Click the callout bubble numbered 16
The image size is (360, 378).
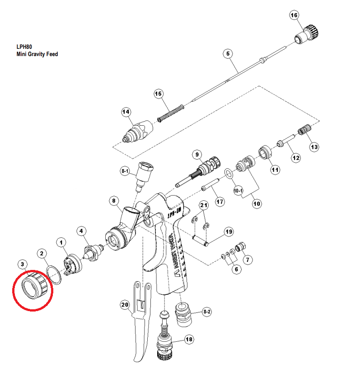(x=294, y=15)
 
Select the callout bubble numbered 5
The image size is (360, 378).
(x=228, y=54)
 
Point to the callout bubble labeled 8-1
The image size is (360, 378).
(x=125, y=171)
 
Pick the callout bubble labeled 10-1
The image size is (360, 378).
(x=238, y=191)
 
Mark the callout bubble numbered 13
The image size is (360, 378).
(x=313, y=147)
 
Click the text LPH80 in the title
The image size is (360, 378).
(x=24, y=46)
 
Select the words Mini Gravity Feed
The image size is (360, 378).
(x=37, y=54)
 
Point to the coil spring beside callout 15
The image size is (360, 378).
(x=171, y=113)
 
